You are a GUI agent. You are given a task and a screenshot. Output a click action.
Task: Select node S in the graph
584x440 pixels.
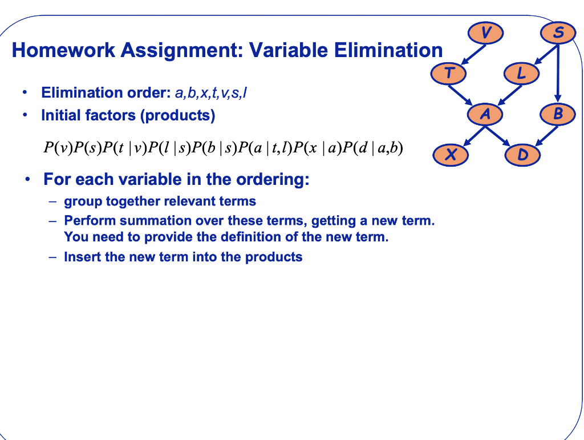click(x=559, y=33)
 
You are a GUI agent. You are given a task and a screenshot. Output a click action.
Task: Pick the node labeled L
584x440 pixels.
click(x=521, y=74)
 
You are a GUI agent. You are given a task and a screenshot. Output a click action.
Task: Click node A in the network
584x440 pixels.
click(x=485, y=114)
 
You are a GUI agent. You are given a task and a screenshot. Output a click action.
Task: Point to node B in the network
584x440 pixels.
click(x=558, y=114)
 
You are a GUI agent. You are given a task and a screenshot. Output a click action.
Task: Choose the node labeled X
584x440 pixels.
click(x=450, y=154)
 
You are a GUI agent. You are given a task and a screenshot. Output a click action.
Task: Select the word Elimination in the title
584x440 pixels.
click(x=388, y=51)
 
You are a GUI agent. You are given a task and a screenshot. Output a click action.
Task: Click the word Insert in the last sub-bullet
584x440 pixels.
click(x=82, y=257)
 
